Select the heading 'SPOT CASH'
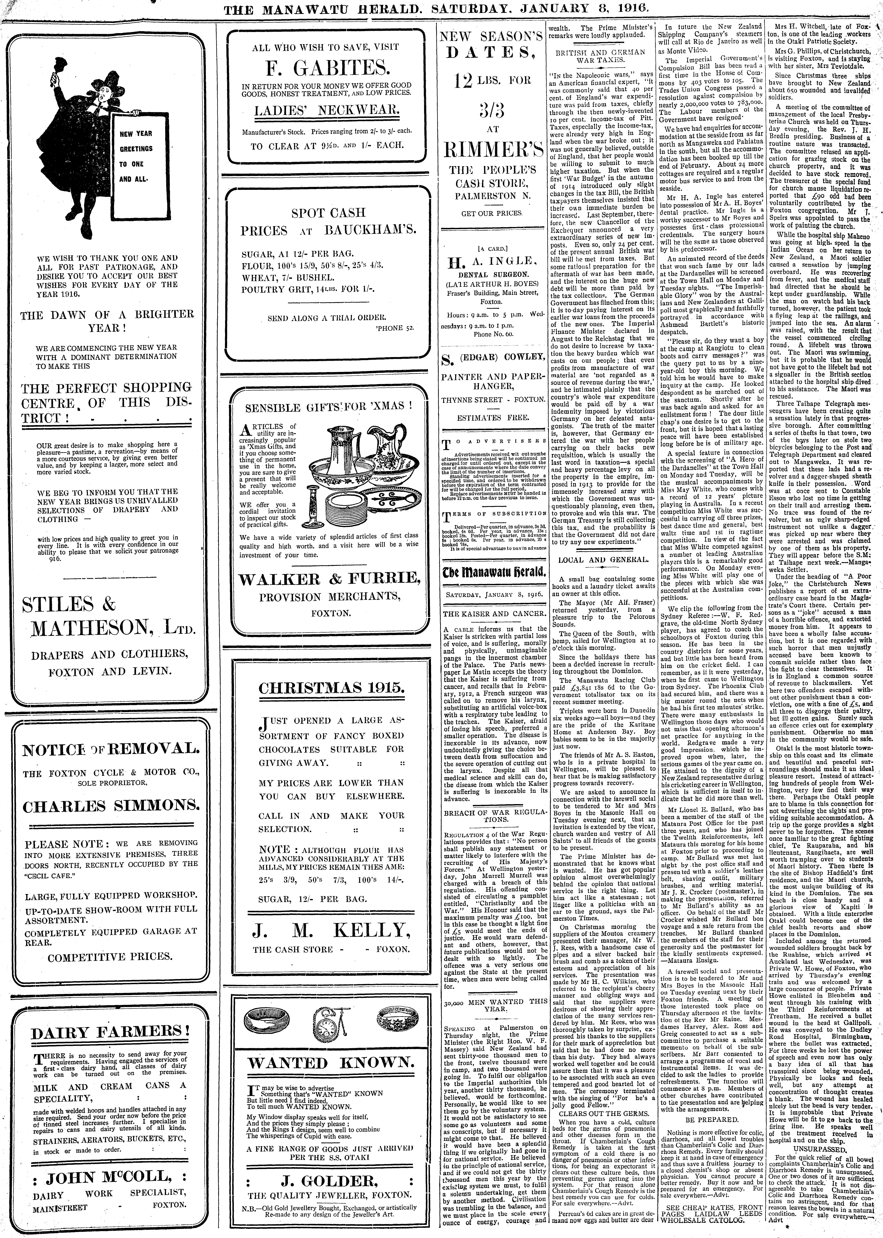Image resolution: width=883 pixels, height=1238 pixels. click(x=328, y=213)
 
